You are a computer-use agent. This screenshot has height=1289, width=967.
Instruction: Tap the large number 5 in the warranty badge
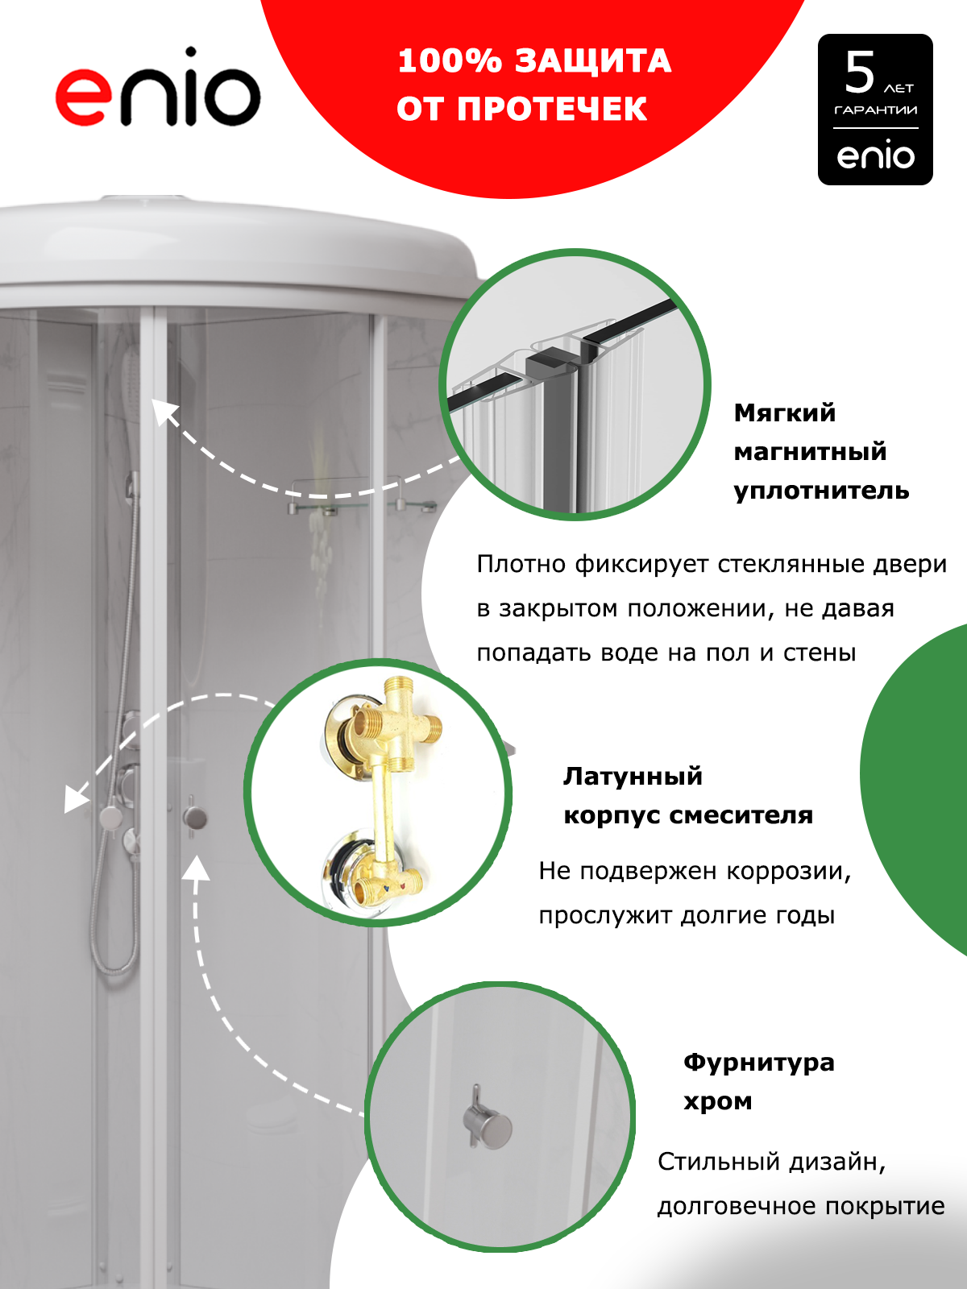(860, 73)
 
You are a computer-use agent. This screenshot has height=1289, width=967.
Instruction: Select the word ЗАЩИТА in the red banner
(593, 62)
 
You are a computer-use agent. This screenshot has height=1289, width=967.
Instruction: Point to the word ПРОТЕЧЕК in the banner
(552, 110)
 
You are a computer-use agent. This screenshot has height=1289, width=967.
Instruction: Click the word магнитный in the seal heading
(810, 452)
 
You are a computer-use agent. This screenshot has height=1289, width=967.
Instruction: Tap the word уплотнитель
(821, 491)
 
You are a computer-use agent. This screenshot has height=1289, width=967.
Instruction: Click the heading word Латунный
(633, 777)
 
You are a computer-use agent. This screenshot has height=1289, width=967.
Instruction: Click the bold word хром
(717, 1102)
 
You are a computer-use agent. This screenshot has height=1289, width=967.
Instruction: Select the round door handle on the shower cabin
(194, 817)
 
